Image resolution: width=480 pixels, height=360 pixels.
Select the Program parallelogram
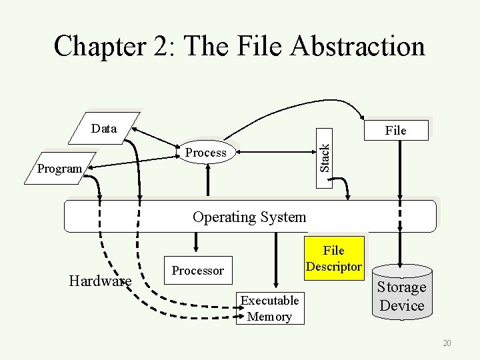point(60,169)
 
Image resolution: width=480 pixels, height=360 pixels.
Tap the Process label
point(206,153)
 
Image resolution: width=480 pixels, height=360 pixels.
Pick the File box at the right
point(396,130)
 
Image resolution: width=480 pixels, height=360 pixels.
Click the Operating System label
point(249,217)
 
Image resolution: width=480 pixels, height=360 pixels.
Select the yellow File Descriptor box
point(334,259)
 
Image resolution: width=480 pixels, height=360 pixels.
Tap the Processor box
point(198,271)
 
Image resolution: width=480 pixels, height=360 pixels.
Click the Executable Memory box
point(269,308)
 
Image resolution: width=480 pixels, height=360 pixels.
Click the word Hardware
point(100,281)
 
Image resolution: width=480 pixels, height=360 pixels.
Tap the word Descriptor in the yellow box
point(334,267)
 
